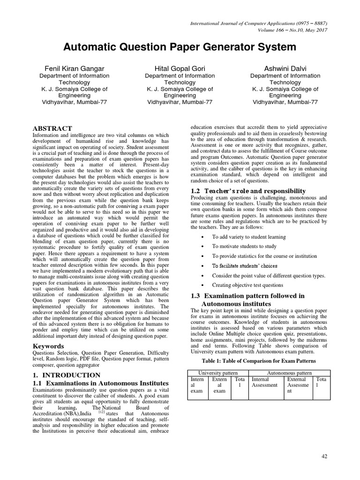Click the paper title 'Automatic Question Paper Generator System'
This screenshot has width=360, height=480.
pos(180,47)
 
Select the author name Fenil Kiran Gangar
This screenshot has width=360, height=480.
pos(74,68)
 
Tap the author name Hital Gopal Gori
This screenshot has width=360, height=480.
pos(180,68)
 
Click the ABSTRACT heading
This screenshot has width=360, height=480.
pos(52,128)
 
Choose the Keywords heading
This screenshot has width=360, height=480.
pos(48,346)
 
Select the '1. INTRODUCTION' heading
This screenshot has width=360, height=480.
pos(66,375)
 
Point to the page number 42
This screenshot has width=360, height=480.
pos(324,457)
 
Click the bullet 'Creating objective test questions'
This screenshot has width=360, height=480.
pos(247,285)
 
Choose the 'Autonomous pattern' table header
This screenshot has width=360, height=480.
pos(289,372)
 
